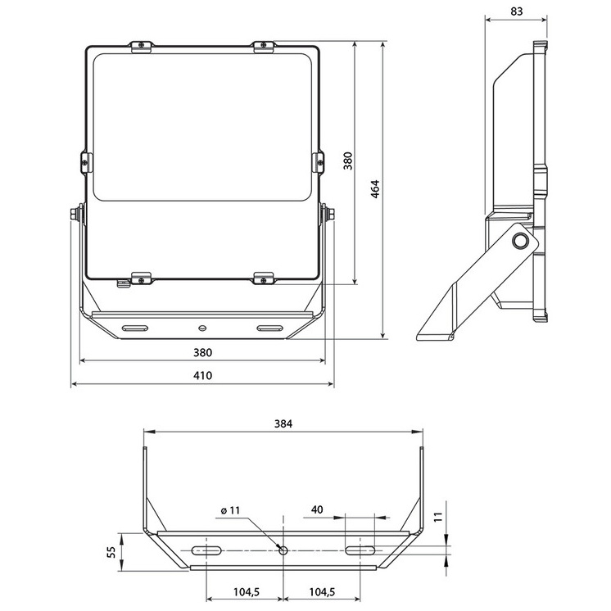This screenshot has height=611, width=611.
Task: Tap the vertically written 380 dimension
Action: click(x=347, y=161)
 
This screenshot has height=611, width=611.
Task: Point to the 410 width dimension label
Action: click(x=202, y=376)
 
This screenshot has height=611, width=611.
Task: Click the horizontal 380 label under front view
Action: click(x=202, y=353)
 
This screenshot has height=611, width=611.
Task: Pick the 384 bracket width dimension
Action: click(x=283, y=424)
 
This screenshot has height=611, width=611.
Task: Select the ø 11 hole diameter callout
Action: click(x=230, y=510)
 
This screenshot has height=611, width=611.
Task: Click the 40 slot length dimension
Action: click(x=317, y=509)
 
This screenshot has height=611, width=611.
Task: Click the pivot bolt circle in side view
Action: click(x=519, y=240)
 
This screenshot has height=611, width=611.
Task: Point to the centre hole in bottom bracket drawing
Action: click(x=283, y=550)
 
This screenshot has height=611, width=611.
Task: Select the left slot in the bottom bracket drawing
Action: click(x=206, y=550)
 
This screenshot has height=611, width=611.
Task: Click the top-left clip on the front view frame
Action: click(x=142, y=46)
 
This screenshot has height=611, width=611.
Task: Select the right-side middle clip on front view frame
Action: click(x=318, y=161)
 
